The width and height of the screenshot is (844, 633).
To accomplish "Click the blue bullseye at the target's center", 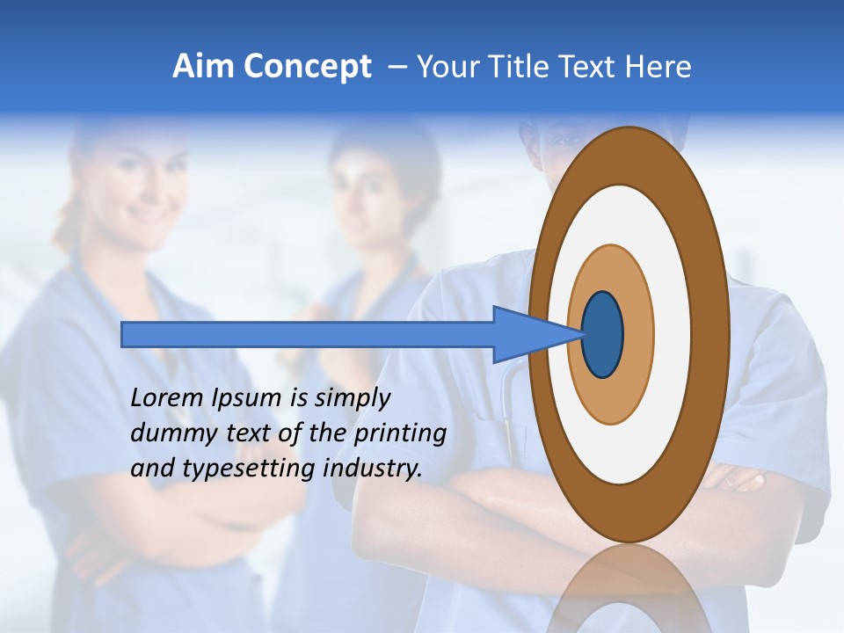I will [x=602, y=335].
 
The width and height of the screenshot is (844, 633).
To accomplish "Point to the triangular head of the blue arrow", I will [x=536, y=335].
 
